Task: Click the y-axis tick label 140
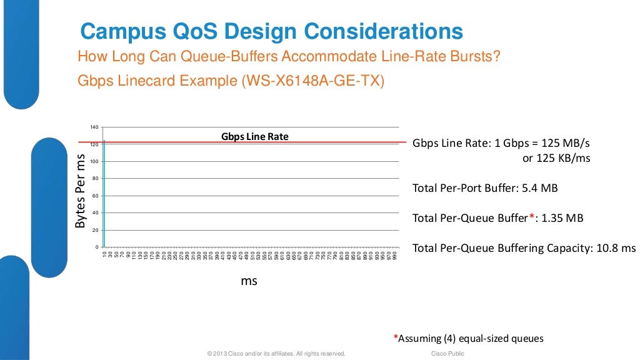94,127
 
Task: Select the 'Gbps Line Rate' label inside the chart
254,136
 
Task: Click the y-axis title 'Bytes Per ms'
80,190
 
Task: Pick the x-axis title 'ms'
249,281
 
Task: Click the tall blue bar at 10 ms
104,194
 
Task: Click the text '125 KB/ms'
556,158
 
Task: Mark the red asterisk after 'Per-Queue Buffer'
532,216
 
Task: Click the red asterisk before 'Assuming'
396,337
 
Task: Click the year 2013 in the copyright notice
220,354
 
